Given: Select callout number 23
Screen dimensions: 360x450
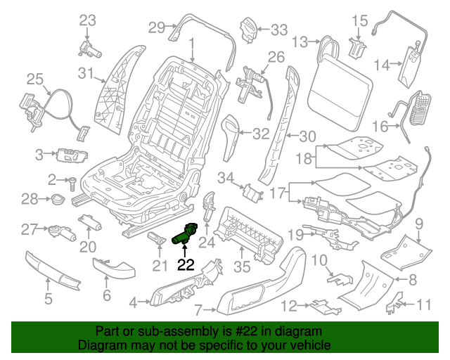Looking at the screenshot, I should [87, 20].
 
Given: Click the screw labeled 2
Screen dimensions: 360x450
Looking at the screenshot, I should [72, 181].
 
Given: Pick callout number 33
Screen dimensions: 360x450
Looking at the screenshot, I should [279, 30].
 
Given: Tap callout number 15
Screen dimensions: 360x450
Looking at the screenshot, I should [359, 20].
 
